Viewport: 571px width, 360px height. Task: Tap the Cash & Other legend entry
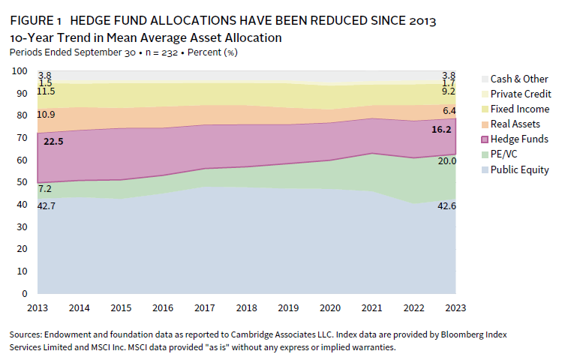(519, 79)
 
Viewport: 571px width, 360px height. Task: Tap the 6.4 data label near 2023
(449, 110)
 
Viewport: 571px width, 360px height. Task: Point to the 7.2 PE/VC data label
(45, 189)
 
